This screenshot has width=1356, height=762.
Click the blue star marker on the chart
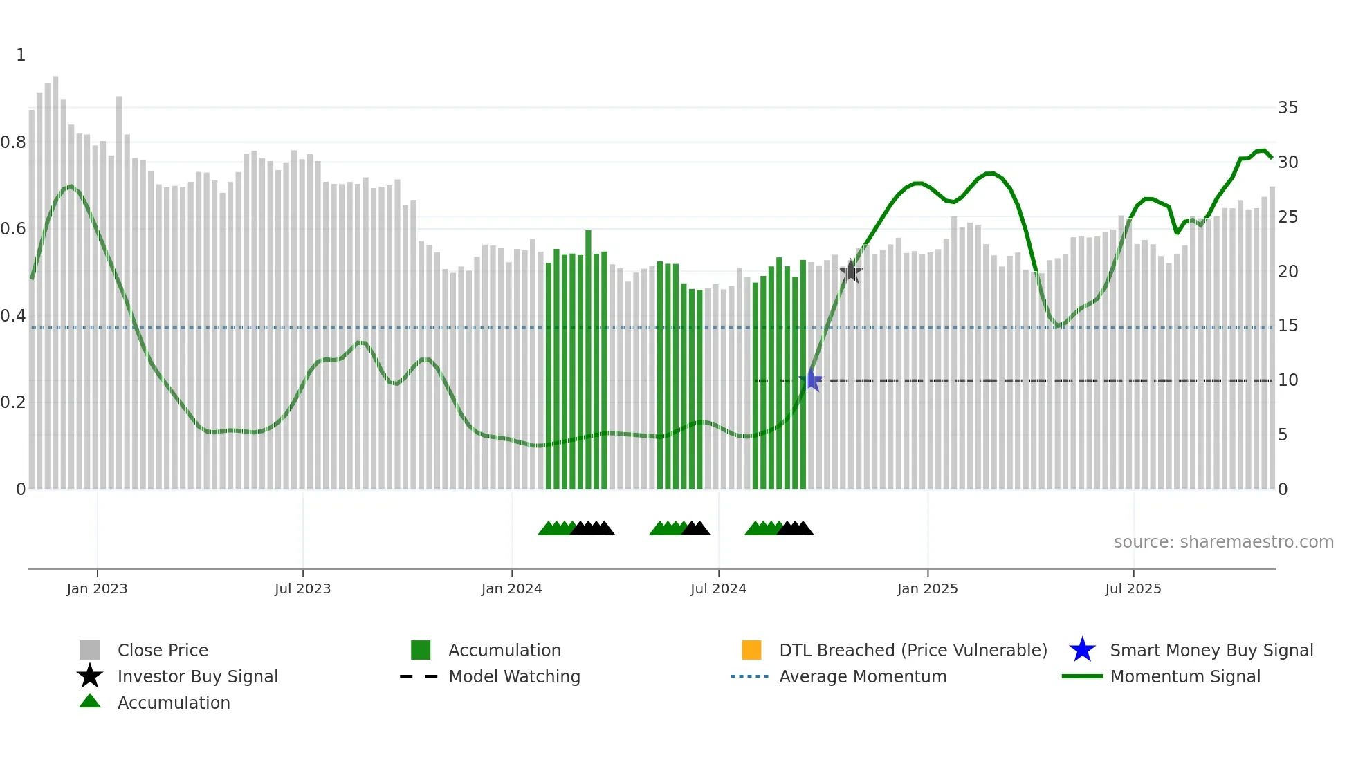812,380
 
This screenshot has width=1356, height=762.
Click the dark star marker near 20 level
850,272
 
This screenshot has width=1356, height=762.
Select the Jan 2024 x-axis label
511,588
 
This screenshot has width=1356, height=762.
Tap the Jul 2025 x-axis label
1133,588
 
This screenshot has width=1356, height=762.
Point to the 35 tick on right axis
1288,108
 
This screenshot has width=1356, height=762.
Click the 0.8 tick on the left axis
14,142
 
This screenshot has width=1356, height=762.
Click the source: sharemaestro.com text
1223,542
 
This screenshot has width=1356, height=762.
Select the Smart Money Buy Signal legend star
1082,650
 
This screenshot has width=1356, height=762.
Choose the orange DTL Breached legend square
751,650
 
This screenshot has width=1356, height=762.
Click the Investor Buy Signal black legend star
90,676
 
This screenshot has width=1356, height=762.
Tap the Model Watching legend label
514,676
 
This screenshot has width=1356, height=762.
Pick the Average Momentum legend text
863,676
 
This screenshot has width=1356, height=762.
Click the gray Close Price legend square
90,650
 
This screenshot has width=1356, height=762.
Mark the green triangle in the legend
90,701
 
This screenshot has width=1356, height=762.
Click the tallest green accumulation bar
588,360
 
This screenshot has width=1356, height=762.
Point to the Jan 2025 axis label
927,588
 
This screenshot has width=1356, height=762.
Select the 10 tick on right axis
1288,380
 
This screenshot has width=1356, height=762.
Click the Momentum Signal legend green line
1082,676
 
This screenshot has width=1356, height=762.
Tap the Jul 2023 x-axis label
302,588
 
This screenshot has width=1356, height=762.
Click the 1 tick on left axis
21,55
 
